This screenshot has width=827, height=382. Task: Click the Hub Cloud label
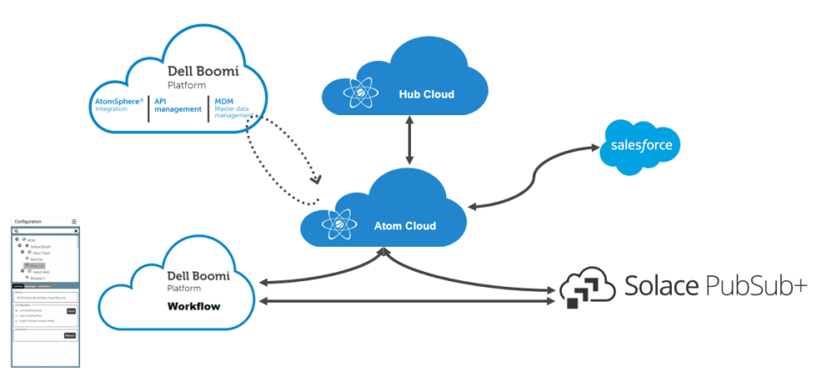[x=426, y=94]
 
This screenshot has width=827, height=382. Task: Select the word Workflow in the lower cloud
[x=193, y=306]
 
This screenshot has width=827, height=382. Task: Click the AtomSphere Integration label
[x=118, y=104]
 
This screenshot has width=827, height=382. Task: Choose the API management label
[x=178, y=104]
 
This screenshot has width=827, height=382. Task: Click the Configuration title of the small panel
[x=28, y=222]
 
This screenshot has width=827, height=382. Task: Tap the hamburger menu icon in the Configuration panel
[x=74, y=222]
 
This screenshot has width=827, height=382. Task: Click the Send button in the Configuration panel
[x=71, y=311]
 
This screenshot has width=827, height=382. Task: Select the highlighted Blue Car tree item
[x=37, y=266]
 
